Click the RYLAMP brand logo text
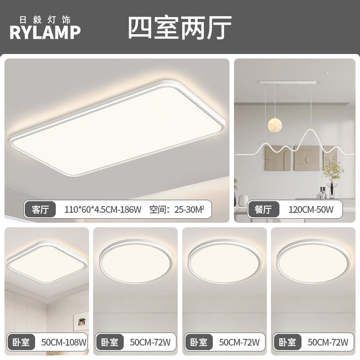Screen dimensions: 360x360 coord(45,32)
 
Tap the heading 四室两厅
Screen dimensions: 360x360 coord(180,28)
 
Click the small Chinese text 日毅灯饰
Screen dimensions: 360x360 coord(45,20)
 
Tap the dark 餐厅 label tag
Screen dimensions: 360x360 coord(263,209)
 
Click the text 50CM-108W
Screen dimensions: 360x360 coord(64,342)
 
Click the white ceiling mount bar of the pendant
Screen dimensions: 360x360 coord(288,83)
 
